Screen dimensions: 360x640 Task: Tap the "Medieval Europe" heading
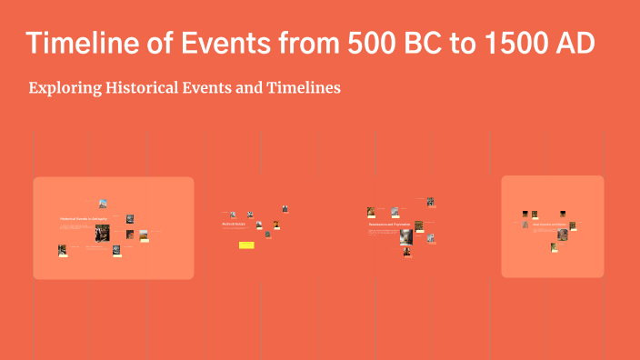(234, 224)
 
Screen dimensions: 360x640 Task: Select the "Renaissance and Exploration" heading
(383, 224)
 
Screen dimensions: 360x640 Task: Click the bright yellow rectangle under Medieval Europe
(246, 245)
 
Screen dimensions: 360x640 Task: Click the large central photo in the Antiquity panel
(102, 233)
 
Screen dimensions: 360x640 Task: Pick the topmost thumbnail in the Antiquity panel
(103, 204)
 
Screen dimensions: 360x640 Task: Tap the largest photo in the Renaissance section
(405, 236)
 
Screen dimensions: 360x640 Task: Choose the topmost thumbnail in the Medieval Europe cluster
(285, 208)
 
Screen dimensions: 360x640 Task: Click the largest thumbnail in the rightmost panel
(563, 234)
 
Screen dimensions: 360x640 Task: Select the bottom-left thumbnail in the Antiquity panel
(62, 250)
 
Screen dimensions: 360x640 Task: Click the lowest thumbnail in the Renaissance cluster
(406, 252)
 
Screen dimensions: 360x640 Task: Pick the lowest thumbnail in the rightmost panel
(554, 246)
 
